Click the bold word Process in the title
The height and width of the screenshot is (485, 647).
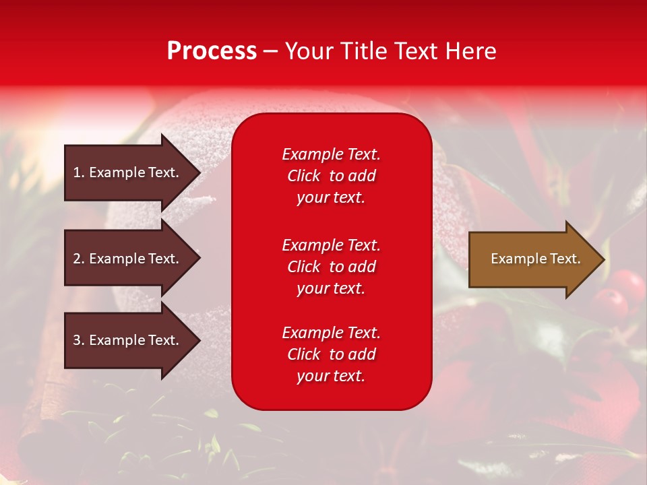click(x=212, y=51)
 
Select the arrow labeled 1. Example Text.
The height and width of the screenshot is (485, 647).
click(x=128, y=172)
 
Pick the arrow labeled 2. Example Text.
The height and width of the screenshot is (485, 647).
click(x=128, y=259)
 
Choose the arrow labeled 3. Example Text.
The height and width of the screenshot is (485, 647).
click(x=128, y=340)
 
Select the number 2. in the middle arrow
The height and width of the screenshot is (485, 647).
click(x=78, y=259)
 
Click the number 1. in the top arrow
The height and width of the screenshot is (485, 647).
click(x=78, y=172)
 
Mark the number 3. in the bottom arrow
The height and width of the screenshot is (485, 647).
click(x=78, y=340)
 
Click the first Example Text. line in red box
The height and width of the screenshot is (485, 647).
click(x=331, y=154)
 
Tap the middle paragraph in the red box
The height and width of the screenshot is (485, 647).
click(x=331, y=267)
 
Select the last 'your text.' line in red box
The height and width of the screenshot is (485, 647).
click(x=331, y=377)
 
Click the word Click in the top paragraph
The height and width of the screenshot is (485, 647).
click(x=303, y=176)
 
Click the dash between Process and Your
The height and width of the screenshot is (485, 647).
click(x=270, y=51)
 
